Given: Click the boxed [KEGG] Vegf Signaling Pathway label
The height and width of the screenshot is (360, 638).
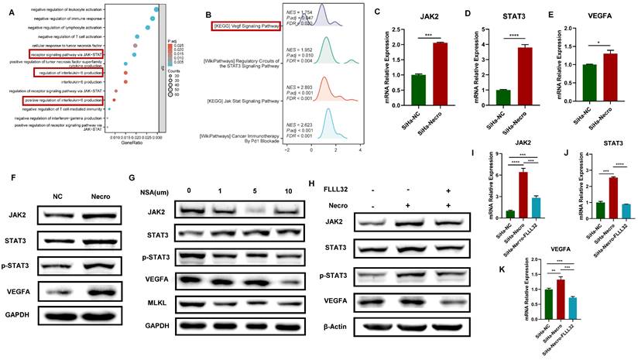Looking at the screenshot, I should [242, 26].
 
